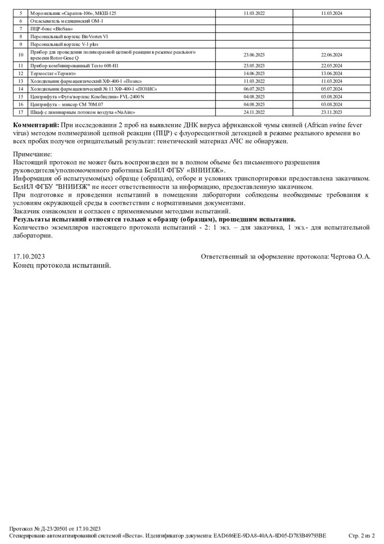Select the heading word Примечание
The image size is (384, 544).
[33, 155]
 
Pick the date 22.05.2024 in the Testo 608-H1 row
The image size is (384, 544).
[331, 65]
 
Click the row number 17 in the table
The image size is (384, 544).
[21, 112]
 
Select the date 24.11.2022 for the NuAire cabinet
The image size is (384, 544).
[254, 112]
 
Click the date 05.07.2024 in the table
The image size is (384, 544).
[331, 89]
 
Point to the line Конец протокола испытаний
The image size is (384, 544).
[62, 265]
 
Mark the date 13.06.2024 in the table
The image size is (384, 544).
[331, 74]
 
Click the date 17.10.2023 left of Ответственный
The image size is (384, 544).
[29, 257]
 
